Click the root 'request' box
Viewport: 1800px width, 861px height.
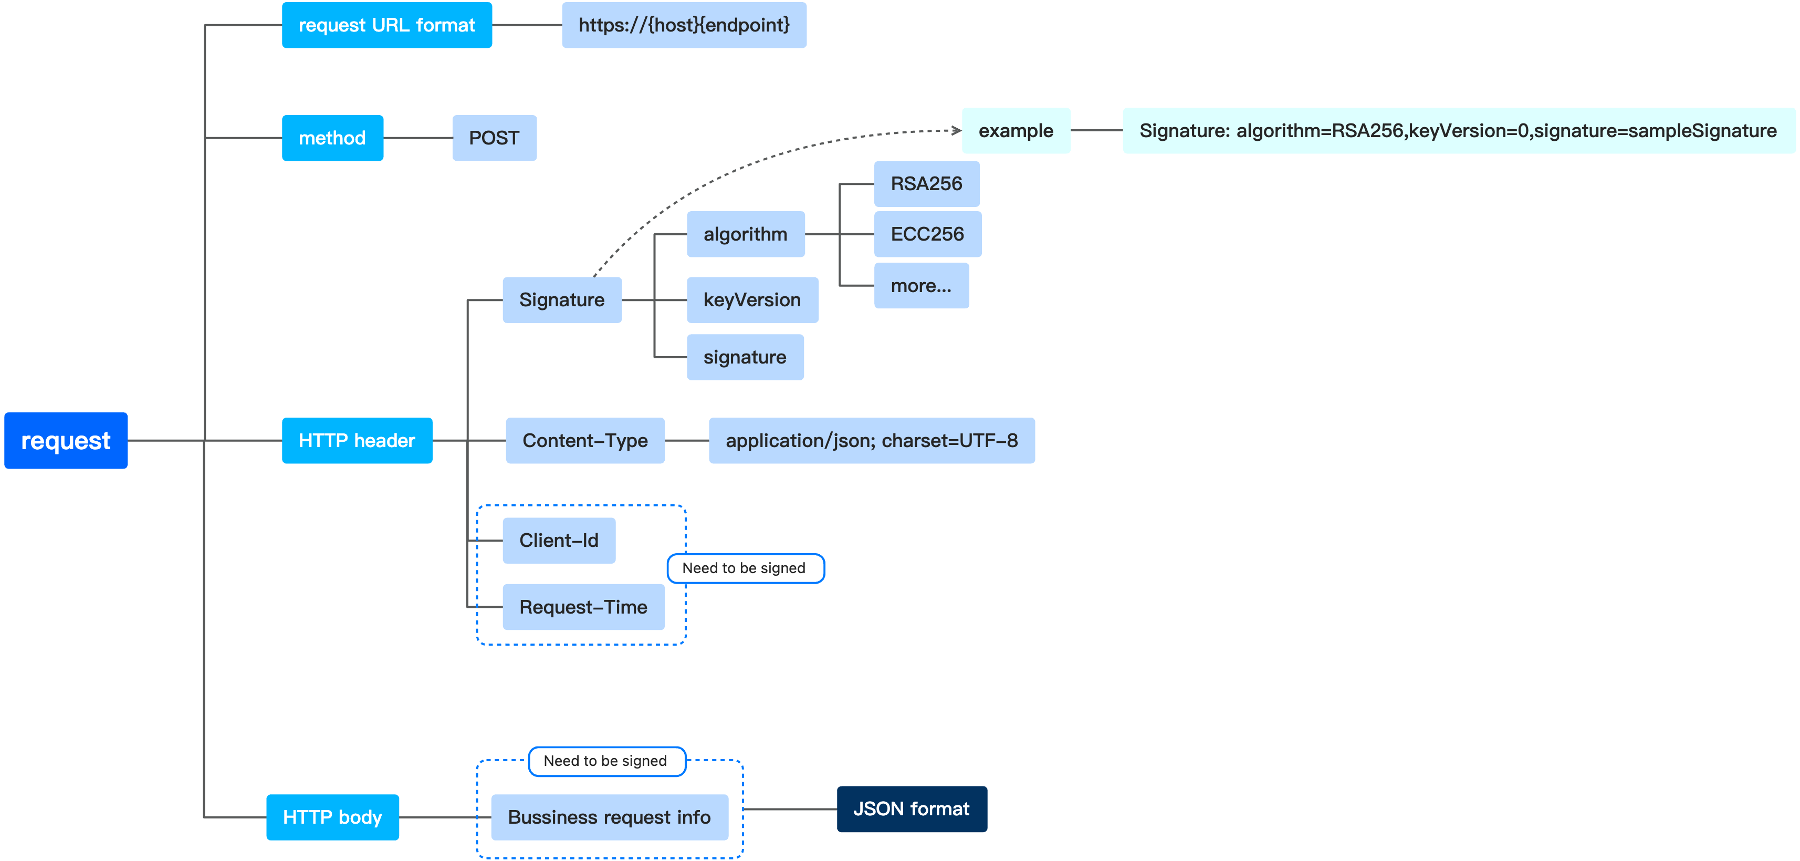coord(66,440)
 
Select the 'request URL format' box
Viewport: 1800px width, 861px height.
coord(386,25)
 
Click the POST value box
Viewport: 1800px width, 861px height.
coord(494,138)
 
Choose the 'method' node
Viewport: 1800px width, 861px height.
coord(332,138)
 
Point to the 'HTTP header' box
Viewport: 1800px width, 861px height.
coord(357,440)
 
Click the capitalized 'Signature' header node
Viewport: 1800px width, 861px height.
coord(562,300)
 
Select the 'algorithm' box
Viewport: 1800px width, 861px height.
coord(745,234)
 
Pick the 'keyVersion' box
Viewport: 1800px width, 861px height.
coord(752,300)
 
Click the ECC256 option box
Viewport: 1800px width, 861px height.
coord(927,234)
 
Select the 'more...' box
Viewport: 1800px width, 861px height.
coord(921,286)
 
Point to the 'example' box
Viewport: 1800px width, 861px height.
coord(1016,131)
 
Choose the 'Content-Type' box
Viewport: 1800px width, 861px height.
coord(585,440)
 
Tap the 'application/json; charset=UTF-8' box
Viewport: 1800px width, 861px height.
coord(871,440)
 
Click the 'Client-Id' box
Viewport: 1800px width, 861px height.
coord(559,540)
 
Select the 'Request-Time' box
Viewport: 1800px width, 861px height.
coord(583,607)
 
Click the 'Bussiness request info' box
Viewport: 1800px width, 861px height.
coord(609,817)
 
